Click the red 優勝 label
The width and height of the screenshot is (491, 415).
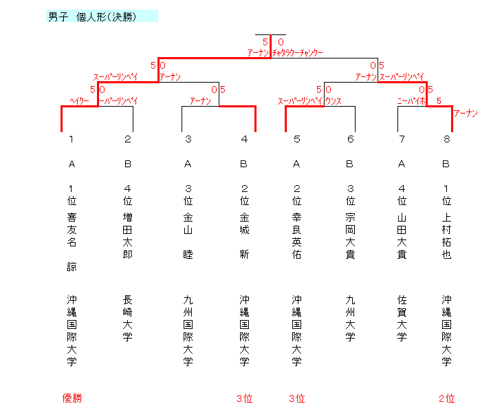[72, 398]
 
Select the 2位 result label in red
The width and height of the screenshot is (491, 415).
[446, 398]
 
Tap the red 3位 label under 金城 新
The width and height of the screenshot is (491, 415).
[244, 398]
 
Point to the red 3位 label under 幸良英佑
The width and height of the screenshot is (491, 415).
[296, 398]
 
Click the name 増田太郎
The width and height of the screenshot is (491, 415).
[128, 236]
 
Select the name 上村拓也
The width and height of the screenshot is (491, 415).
[446, 236]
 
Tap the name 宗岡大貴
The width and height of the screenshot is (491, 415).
[350, 236]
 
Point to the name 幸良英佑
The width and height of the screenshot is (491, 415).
[296, 236]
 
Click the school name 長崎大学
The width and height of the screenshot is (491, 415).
[128, 318]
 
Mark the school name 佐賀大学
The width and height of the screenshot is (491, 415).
[402, 318]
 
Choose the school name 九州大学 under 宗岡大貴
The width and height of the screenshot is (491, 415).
[350, 318]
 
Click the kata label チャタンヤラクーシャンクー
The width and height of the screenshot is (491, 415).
[297, 52]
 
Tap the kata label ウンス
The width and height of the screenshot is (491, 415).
[334, 100]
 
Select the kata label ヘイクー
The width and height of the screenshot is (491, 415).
[80, 100]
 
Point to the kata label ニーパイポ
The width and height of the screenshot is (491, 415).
[411, 100]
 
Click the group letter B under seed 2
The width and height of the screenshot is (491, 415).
[128, 164]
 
